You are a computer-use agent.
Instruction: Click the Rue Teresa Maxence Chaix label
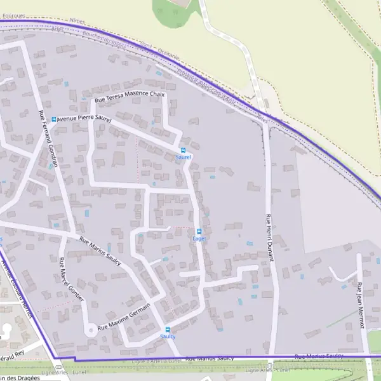pos(130,97)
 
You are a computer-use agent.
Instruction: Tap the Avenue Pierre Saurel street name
pos(84,119)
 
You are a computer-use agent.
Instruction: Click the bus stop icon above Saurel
pos(183,150)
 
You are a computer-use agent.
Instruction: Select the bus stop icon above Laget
pos(199,231)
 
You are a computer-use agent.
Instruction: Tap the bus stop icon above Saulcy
pos(168,329)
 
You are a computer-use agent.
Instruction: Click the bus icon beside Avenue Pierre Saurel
pos(54,119)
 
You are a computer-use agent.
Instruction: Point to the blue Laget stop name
pos(199,239)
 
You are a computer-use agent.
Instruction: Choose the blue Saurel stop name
pos(183,157)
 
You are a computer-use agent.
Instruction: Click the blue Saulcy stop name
pos(168,337)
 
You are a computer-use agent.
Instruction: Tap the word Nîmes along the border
pos(77,21)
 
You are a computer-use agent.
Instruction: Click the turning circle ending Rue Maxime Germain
pos(91,330)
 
